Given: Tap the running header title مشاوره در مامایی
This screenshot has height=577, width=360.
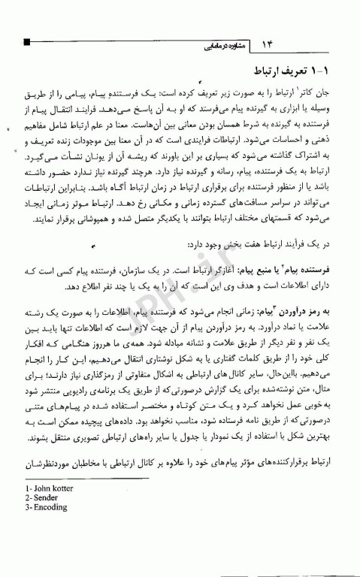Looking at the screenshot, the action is coord(220,44).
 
